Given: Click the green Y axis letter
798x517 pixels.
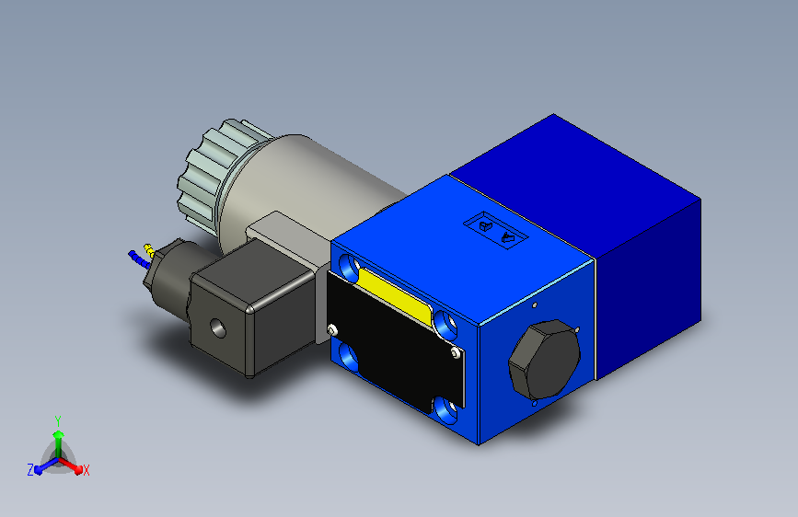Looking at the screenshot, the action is [58, 420].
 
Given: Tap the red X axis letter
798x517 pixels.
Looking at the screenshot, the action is [86, 471].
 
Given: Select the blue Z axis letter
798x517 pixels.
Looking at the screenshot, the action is [30, 470].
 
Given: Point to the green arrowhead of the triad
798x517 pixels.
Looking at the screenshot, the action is [58, 434].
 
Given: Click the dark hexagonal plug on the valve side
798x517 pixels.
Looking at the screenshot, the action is [545, 360].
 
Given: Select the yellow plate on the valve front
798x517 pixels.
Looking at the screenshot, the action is [395, 295].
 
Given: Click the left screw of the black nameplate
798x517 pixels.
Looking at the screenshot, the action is [332, 329].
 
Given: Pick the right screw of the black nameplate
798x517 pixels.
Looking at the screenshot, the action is [455, 352].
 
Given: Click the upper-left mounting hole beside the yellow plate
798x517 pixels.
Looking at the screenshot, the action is [349, 267].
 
